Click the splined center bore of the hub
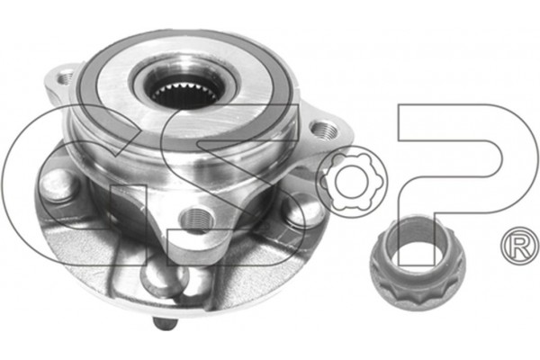184,94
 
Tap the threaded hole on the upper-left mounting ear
65,77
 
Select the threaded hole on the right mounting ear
324,130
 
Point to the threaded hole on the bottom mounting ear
196,219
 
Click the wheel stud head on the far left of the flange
57,186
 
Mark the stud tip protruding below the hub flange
165,324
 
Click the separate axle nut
417,263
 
